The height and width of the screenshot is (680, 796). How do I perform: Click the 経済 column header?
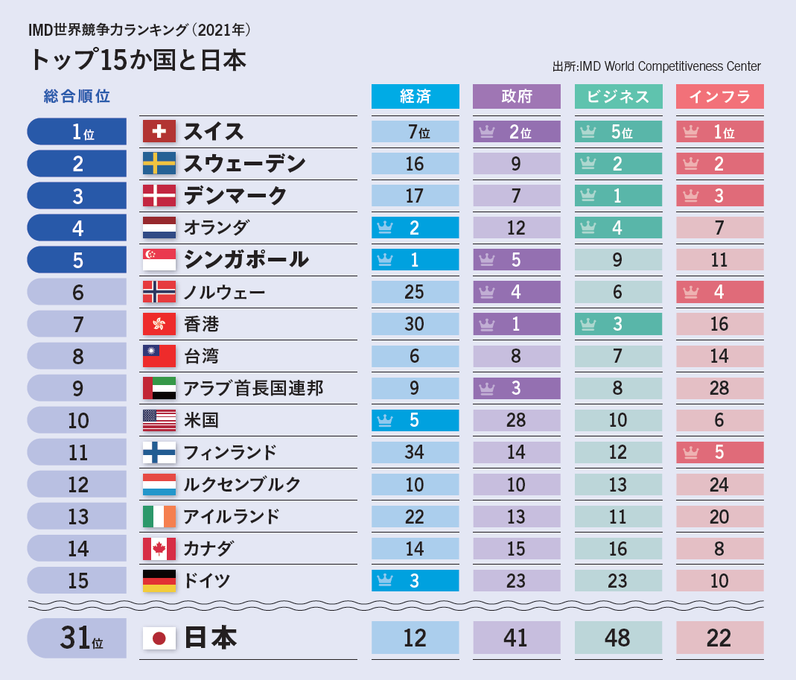pos(415,97)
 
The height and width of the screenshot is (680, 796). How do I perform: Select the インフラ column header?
pos(719,97)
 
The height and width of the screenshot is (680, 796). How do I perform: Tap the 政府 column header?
pos(516,97)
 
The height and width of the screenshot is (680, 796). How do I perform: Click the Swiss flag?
pos(159,132)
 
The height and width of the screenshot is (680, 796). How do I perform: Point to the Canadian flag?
pos(159,549)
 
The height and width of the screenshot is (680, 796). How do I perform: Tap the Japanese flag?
pos(159,638)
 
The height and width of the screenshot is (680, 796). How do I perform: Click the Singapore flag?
pos(159,260)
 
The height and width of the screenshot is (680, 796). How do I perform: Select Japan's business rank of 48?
pos(617,638)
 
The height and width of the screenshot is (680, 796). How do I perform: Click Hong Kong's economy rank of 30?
pos(415,324)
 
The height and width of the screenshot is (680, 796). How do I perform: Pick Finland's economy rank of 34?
pos(415,452)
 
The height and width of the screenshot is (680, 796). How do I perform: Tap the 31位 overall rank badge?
pos(77,638)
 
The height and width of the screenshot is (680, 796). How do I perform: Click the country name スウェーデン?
pos(245,164)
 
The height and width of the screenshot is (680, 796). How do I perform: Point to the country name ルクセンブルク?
pos(243,484)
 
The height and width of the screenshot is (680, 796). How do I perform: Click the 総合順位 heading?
pos(77,96)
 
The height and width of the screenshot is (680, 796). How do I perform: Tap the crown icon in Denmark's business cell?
pos(588,196)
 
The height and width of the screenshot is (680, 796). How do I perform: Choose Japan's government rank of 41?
pos(516,638)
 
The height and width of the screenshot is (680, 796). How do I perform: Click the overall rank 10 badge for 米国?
pos(77,420)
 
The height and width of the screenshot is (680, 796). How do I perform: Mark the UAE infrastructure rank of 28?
pos(719,388)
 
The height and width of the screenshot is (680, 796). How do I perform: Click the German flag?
pos(159,581)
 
